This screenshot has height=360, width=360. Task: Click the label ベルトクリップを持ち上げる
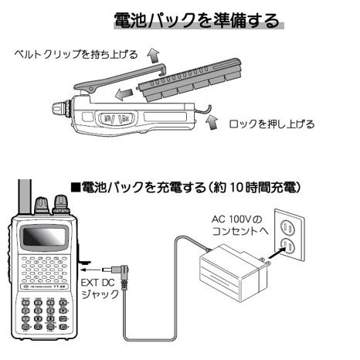(x=77, y=55)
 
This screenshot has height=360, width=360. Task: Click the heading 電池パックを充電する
(x=190, y=188)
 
